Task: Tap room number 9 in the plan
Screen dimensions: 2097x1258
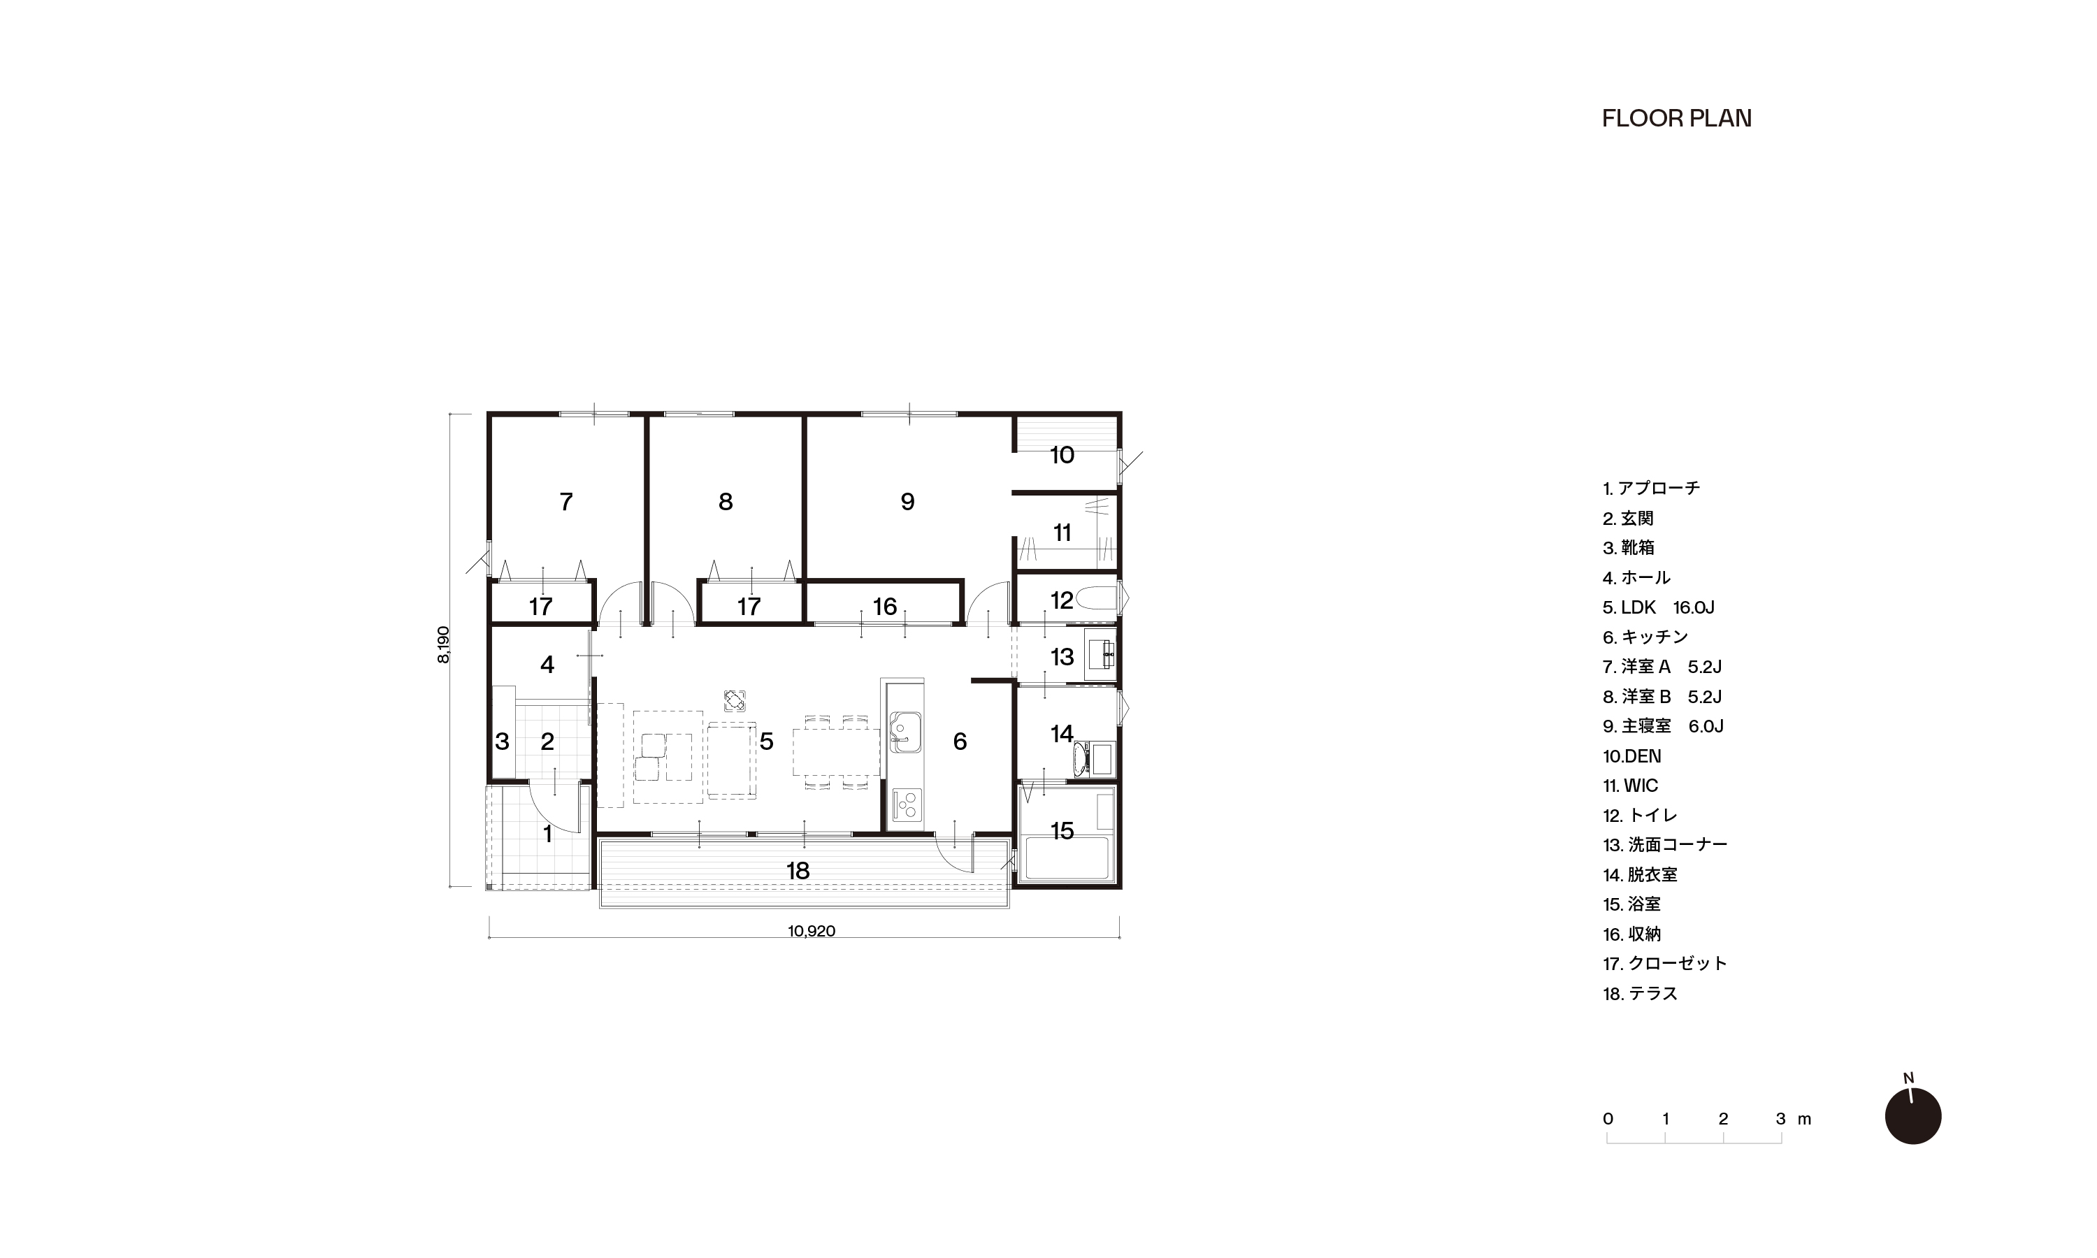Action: click(907, 502)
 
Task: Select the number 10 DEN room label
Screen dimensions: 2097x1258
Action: click(1061, 455)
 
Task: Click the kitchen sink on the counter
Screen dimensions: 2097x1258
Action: click(905, 732)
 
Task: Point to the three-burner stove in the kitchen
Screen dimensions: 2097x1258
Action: click(905, 804)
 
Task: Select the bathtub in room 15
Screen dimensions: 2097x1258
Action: click(1067, 859)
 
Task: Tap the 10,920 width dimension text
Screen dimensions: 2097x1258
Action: click(811, 931)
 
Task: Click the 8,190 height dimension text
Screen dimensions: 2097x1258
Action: click(443, 644)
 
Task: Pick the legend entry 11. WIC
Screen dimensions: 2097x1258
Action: click(1630, 786)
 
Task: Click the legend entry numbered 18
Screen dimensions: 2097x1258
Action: click(1640, 994)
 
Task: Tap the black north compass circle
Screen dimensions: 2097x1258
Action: click(1913, 1116)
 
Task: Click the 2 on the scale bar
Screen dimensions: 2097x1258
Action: click(1723, 1119)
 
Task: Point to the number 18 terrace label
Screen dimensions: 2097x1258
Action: click(798, 871)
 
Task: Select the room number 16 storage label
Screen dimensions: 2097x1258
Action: click(884, 607)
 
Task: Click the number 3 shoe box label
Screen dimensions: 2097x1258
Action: click(502, 742)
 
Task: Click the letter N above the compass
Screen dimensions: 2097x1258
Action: click(1908, 1078)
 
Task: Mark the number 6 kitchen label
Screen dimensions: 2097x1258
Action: click(960, 742)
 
